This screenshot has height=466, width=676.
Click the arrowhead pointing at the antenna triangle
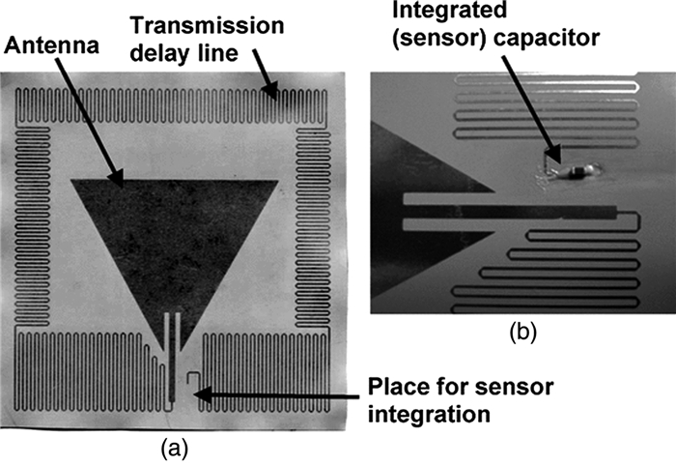pos(117,178)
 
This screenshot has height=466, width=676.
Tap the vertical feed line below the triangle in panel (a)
pos(171,358)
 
